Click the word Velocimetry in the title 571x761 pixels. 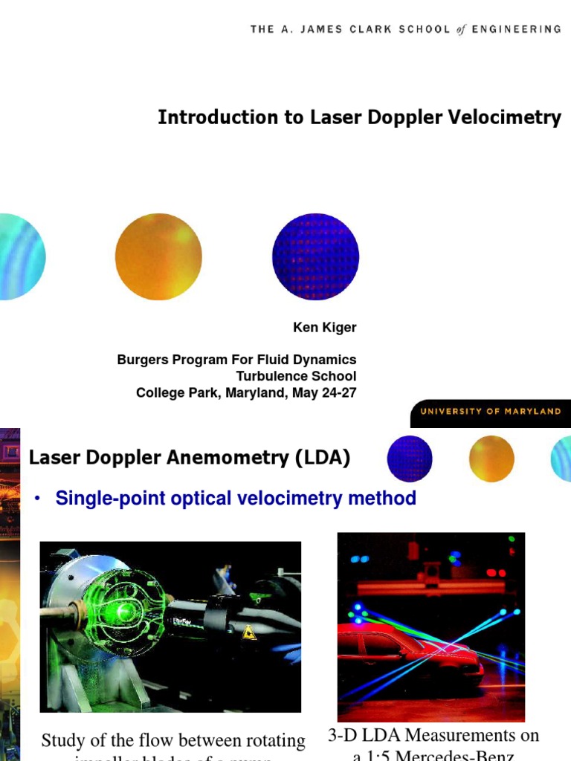(x=506, y=117)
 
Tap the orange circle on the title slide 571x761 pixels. (x=158, y=256)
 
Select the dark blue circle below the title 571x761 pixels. (x=315, y=256)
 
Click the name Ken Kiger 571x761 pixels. (x=324, y=327)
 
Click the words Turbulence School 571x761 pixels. (x=296, y=376)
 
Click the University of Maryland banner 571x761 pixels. (x=491, y=412)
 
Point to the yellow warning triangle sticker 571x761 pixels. (x=249, y=632)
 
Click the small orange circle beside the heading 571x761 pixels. (x=491, y=459)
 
